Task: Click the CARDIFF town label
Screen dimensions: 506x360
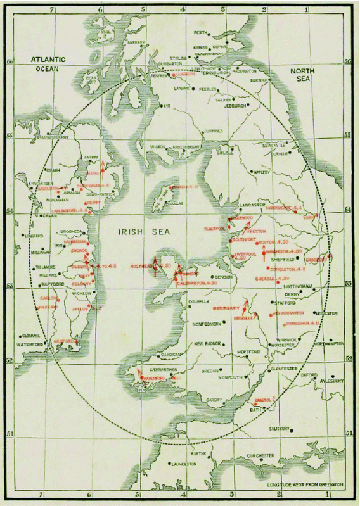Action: point(215,400)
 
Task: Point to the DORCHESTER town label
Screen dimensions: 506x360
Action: point(259,456)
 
